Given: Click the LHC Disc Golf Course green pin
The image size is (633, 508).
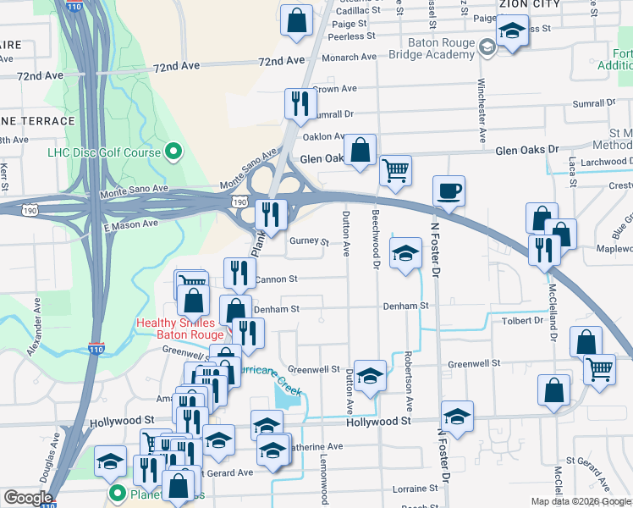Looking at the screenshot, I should coord(173,153).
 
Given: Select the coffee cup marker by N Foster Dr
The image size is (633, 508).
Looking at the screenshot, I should coord(449,190).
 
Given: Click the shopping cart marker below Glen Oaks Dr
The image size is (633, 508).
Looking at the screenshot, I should coord(395,170).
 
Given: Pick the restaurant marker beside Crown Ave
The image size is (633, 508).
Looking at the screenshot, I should coord(299,104).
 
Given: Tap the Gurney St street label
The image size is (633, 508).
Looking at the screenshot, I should coord(309,241).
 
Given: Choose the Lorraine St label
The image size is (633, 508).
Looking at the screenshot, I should coord(415,489).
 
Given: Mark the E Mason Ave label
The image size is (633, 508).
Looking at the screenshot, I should coord(130,225).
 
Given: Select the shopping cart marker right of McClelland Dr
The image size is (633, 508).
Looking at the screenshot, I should coord(599,368).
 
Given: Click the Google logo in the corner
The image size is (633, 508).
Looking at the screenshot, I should coord(28,498).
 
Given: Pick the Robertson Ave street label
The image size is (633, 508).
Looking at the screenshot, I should coord(408,370).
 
